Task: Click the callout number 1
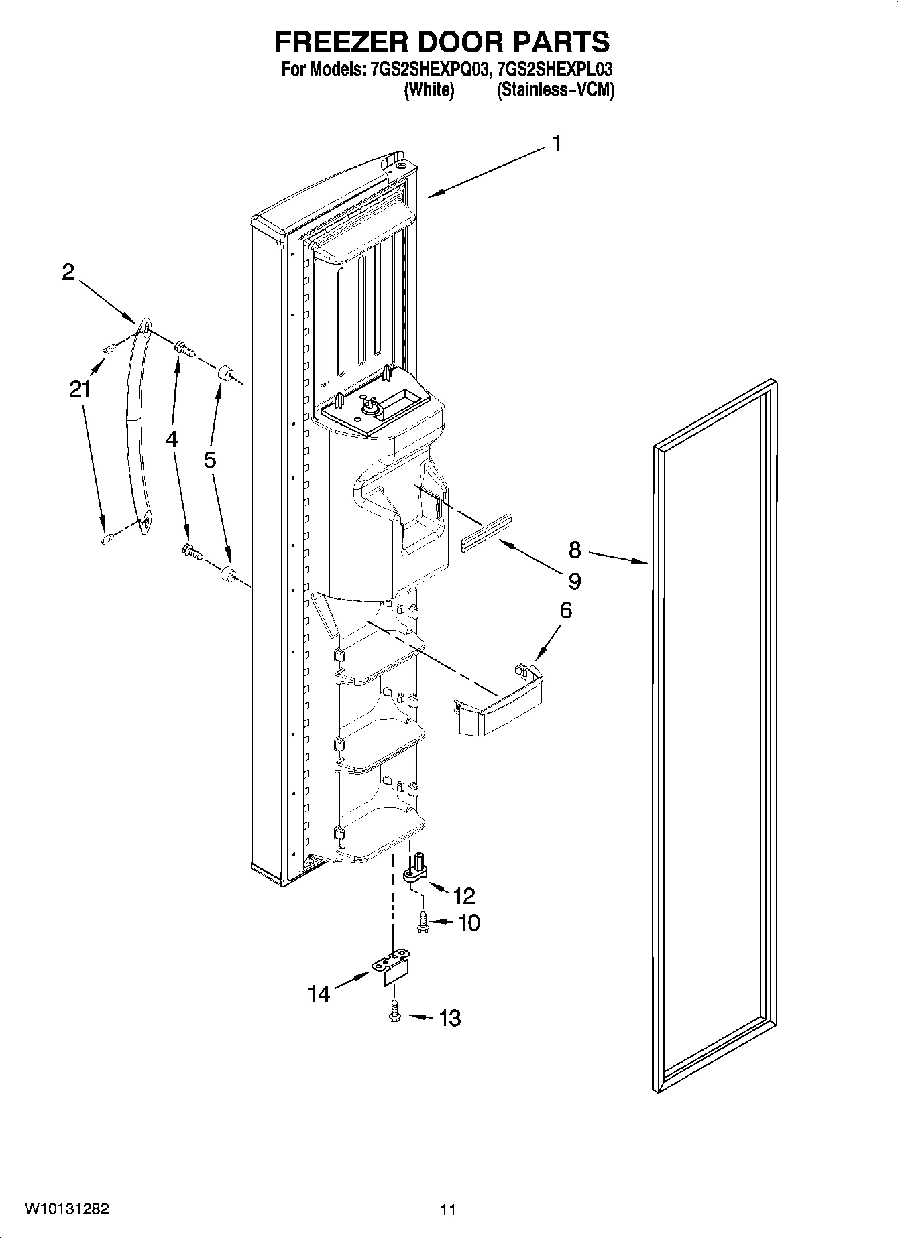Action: point(556,144)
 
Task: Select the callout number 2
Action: point(68,272)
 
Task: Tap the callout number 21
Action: point(80,389)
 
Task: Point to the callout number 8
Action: point(575,550)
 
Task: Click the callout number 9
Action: point(574,580)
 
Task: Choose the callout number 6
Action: point(565,610)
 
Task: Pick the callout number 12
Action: point(463,896)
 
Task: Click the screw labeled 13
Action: point(394,1017)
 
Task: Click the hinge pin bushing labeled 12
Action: point(415,870)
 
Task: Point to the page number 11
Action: point(448,1210)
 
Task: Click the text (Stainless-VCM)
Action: point(555,90)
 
